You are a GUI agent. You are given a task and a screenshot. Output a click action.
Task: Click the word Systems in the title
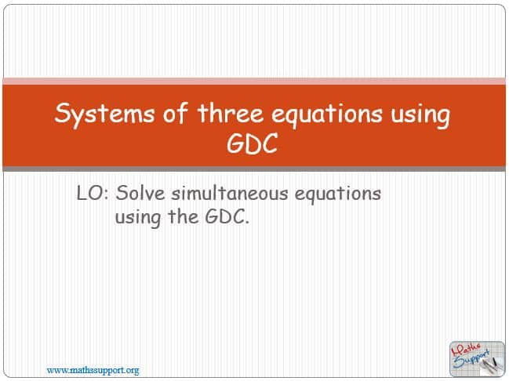coord(104,114)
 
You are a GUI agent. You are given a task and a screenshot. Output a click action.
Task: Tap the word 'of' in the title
coord(176,113)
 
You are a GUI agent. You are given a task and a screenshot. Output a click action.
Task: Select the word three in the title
coord(230,113)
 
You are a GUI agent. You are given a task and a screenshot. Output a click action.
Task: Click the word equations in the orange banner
coord(327,114)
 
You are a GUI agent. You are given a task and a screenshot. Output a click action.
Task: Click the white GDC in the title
coord(253,143)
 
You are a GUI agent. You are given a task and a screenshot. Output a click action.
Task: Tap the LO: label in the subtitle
coord(93,193)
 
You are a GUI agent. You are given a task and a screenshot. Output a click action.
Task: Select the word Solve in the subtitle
coord(140,193)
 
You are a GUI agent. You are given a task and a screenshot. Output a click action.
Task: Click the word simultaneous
coord(230,193)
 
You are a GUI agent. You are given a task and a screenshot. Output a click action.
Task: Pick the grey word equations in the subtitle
coord(337,194)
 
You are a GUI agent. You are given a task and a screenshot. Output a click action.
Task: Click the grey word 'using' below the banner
coord(138,218)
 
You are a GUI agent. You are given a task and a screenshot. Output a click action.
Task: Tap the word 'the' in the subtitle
coord(183,216)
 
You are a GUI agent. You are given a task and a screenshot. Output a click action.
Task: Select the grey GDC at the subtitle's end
coord(227,217)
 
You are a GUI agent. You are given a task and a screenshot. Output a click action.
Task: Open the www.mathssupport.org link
coord(93,370)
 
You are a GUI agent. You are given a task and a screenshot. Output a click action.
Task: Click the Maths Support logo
coord(477,359)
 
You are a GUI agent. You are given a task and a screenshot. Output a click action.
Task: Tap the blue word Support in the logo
coord(471,360)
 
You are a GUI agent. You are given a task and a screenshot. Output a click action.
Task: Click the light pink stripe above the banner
coord(254,81)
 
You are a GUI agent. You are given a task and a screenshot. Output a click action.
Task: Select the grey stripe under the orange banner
coord(254,169)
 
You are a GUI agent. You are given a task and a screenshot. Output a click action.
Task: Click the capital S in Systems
coord(62,113)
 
